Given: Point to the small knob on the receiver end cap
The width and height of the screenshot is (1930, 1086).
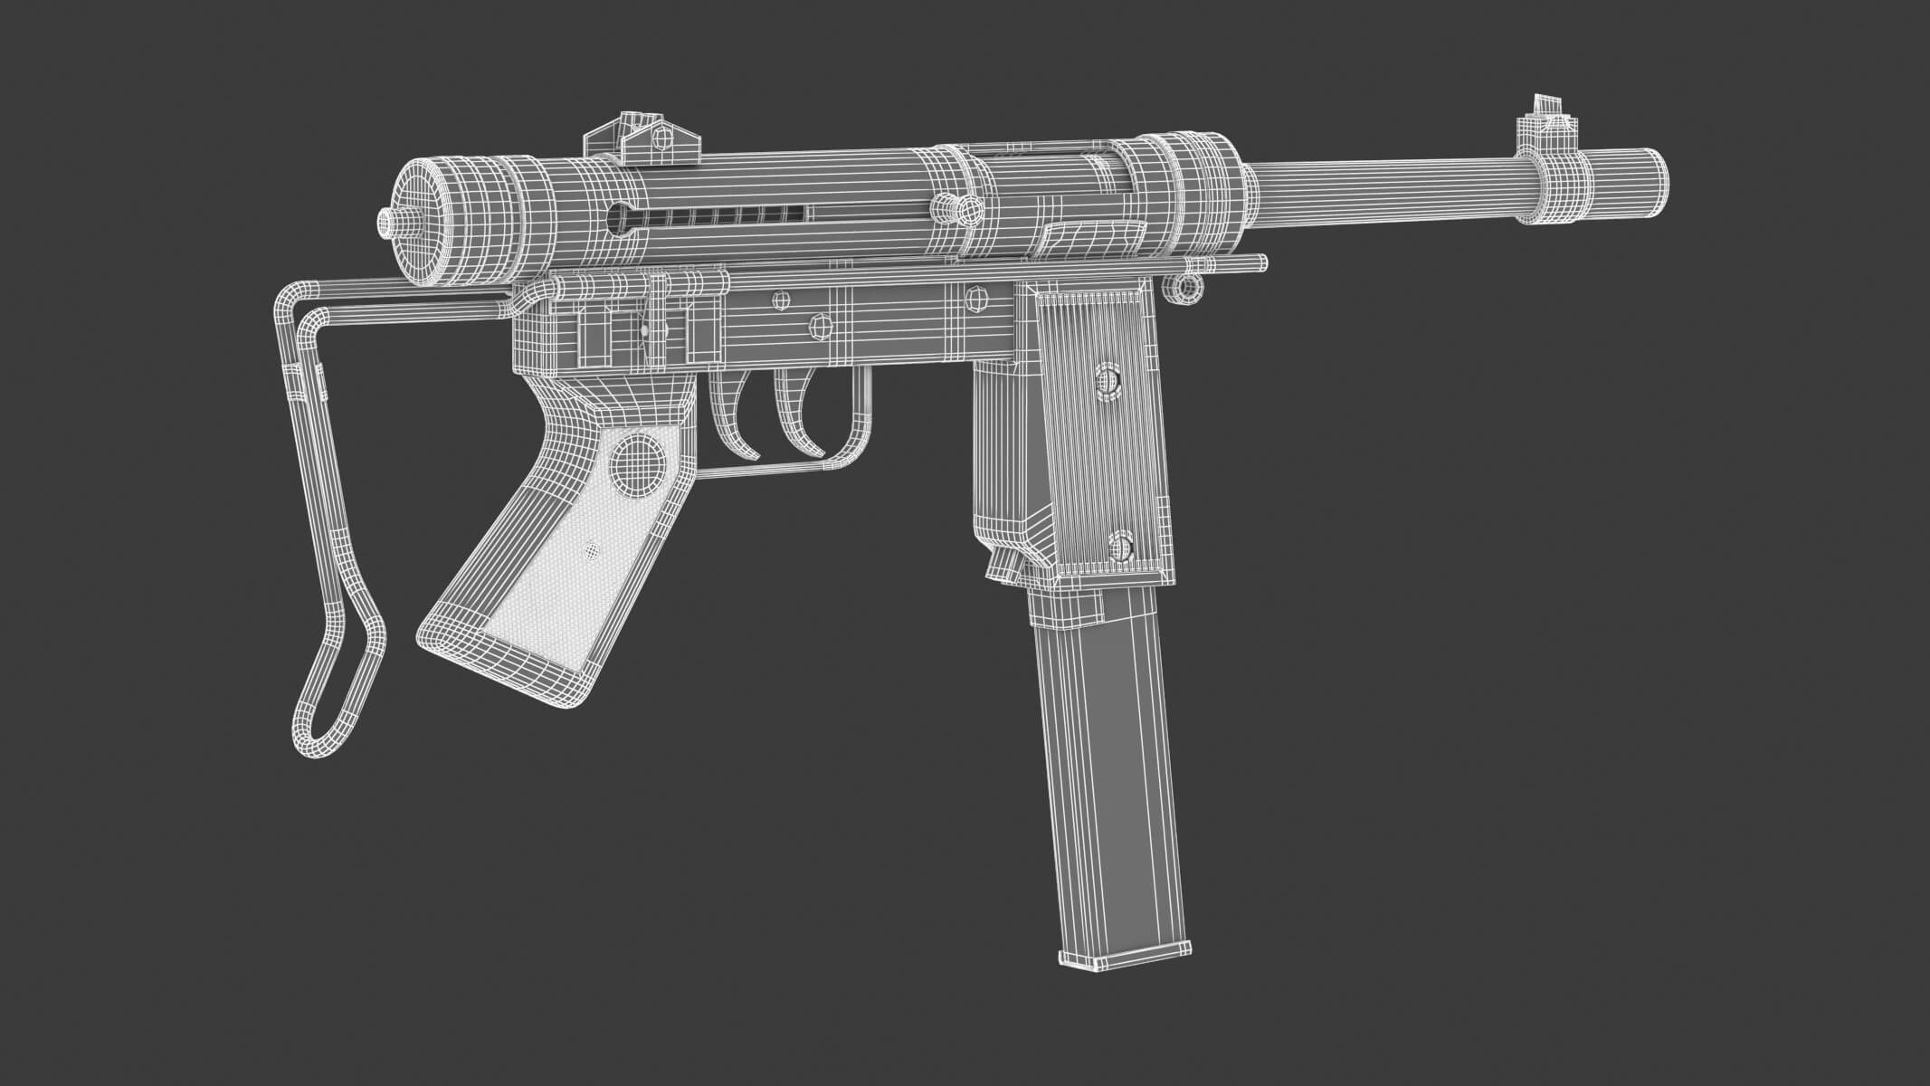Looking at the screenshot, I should click(389, 222).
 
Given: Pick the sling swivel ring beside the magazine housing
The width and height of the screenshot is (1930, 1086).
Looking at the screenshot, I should click(1183, 287).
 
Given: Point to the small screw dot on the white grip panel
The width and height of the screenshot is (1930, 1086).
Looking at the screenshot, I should click(592, 548).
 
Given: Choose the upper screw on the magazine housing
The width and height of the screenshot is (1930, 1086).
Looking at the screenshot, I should click(1106, 383).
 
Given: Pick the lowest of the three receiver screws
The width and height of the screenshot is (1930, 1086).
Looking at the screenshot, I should click(819, 325).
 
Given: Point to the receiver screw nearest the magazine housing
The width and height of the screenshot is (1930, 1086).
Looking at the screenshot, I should click(975, 297).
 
